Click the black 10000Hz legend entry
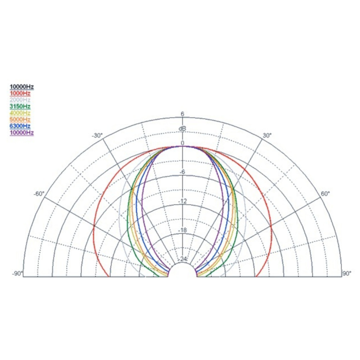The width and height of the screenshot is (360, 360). [22, 87]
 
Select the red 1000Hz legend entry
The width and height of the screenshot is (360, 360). [20, 93]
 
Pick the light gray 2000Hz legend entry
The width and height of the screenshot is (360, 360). [20, 100]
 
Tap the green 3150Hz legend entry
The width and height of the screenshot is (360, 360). [20, 106]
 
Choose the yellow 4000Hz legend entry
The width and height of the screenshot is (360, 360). [20, 113]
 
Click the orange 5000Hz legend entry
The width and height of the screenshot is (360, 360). [20, 120]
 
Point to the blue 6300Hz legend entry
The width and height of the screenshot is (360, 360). [20, 126]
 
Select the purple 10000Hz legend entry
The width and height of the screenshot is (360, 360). [22, 133]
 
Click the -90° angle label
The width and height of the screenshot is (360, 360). [17, 274]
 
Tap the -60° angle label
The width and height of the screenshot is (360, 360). [39, 194]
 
